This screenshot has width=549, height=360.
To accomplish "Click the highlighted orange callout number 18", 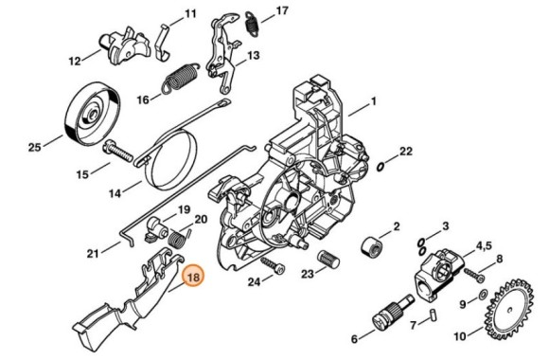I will [x=193, y=278].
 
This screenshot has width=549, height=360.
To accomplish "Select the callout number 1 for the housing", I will [x=373, y=100].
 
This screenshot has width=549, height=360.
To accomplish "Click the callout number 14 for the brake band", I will [x=114, y=196].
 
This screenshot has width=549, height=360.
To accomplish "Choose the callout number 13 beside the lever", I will [x=254, y=56].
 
